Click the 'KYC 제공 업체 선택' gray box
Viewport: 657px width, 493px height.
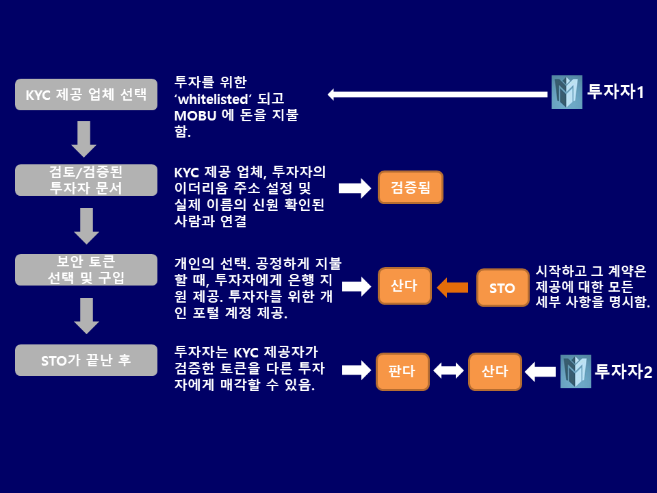[x=86, y=94]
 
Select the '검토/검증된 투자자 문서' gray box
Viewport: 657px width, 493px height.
[x=86, y=180]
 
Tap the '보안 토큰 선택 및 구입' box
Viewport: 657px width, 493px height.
[x=86, y=270]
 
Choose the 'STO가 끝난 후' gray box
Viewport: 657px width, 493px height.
[x=86, y=360]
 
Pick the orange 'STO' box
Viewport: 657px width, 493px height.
[x=502, y=288]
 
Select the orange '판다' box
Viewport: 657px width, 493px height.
[x=402, y=372]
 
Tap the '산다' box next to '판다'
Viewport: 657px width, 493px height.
[x=495, y=372]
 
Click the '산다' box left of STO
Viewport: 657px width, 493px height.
[x=404, y=286]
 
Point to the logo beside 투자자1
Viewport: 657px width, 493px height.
[x=567, y=92]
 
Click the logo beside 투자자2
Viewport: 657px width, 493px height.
[x=576, y=372]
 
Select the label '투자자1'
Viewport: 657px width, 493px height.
[x=616, y=92]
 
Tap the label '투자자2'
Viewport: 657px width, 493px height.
[x=623, y=372]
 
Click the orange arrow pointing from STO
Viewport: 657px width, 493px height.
[x=452, y=287]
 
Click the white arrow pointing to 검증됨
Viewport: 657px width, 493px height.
[x=354, y=188]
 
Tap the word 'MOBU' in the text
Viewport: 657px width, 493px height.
[x=194, y=114]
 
